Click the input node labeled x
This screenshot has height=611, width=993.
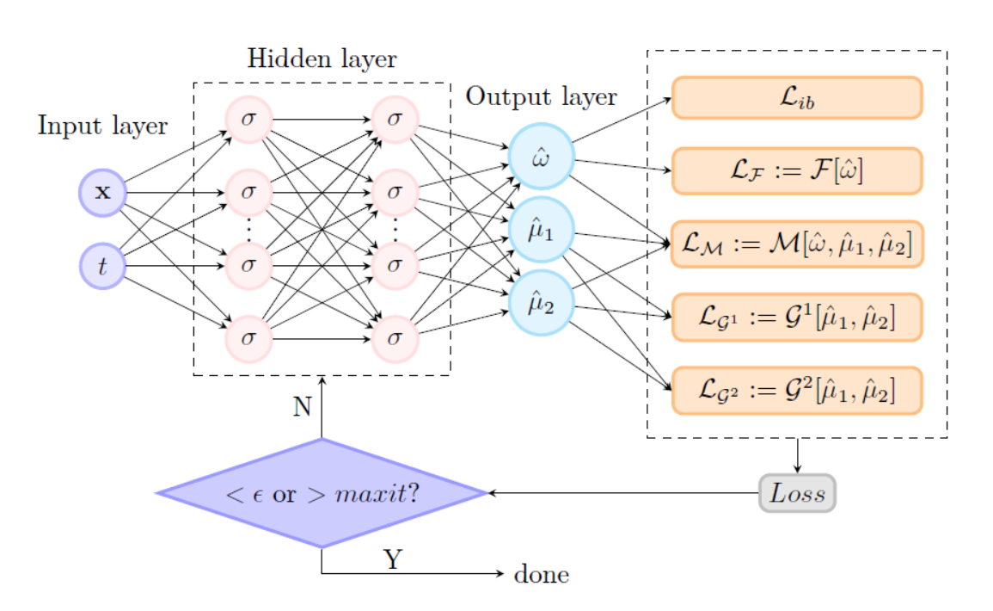[x=103, y=193]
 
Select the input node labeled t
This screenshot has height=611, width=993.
[x=103, y=266]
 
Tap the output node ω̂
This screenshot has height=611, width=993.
[x=541, y=157]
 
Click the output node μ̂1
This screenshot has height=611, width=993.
[x=541, y=230]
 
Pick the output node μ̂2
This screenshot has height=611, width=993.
[x=541, y=303]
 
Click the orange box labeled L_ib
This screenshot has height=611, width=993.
[x=796, y=97]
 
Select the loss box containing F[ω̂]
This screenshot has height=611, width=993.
[x=796, y=170]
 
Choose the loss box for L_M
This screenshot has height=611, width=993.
[x=796, y=244]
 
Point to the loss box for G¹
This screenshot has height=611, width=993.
[x=796, y=318]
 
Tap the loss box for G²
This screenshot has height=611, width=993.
[x=796, y=391]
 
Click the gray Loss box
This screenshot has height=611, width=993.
[x=797, y=493]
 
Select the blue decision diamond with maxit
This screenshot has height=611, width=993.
[x=322, y=493]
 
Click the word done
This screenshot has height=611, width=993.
[x=541, y=574]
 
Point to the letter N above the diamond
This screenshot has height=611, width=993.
[x=302, y=406]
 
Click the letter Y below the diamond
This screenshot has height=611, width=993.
[x=392, y=560]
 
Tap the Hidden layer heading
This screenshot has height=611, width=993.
[x=322, y=59]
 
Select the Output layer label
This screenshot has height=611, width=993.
[x=541, y=96]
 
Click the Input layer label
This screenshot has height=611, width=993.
[x=102, y=127]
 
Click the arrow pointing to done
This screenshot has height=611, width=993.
[x=413, y=573]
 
